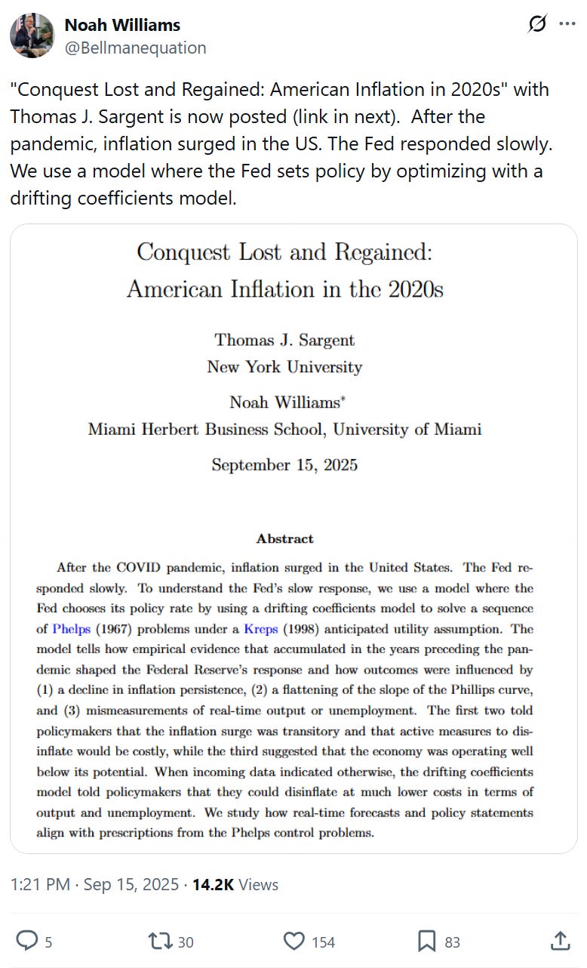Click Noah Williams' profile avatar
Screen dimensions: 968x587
(x=32, y=35)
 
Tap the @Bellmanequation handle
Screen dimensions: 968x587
(x=135, y=48)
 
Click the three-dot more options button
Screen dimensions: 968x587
(x=567, y=24)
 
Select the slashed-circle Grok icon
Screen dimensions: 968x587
(x=537, y=24)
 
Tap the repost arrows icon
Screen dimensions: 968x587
(x=160, y=940)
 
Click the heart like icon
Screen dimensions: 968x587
(x=293, y=940)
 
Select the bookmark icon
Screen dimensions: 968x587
(x=427, y=940)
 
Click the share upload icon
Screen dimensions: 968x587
(x=561, y=940)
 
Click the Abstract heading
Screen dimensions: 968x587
(x=284, y=538)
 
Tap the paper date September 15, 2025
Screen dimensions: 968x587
(x=284, y=464)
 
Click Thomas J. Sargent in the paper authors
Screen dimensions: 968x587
(x=284, y=340)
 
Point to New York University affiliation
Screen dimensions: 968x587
(x=284, y=367)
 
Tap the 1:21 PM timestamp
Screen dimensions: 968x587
(x=41, y=884)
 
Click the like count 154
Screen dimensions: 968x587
(x=323, y=942)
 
